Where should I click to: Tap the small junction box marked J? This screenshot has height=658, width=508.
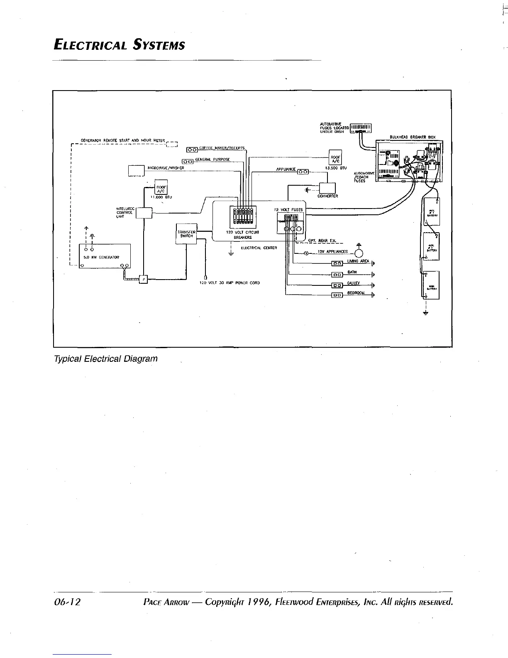click(143, 280)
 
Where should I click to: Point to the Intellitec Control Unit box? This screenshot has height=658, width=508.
click(144, 213)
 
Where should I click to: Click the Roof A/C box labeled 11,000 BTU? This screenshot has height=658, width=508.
click(161, 187)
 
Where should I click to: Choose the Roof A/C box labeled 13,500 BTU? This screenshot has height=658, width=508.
click(335, 158)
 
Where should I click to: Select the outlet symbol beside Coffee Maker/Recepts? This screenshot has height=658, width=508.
click(192, 149)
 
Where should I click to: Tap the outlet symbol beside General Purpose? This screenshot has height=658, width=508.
click(187, 161)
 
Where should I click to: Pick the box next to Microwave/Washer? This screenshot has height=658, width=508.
click(135, 171)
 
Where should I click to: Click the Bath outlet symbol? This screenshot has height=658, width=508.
click(337, 274)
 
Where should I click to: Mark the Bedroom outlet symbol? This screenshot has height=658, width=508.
click(337, 295)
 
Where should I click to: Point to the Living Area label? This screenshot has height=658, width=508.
click(358, 261)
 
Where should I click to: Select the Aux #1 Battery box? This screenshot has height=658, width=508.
click(432, 212)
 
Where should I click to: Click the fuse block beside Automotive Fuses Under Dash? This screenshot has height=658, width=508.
click(361, 128)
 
